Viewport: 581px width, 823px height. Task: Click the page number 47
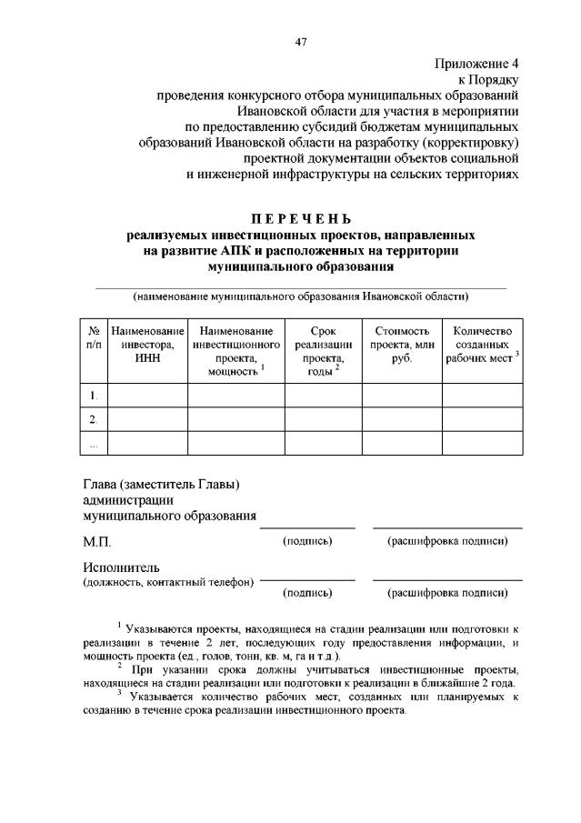tap(300, 41)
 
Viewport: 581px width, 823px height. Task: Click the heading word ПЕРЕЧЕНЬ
tap(300, 218)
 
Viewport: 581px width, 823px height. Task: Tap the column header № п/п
tap(93, 338)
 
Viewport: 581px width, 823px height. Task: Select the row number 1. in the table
tap(93, 396)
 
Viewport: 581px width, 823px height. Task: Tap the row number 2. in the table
tap(93, 419)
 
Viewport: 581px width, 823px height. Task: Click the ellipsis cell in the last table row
tap(93, 444)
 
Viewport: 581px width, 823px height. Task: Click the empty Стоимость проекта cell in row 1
tap(401, 396)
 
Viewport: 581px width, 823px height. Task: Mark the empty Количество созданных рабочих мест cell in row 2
tap(482, 419)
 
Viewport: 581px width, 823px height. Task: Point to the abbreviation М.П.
tap(96, 542)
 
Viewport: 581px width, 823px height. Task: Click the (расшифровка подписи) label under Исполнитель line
tap(447, 592)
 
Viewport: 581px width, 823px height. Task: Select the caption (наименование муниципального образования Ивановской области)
tap(300, 296)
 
